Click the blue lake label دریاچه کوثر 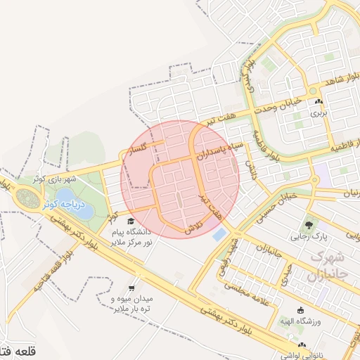(x=63, y=205)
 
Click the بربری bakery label (x=319, y=112)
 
